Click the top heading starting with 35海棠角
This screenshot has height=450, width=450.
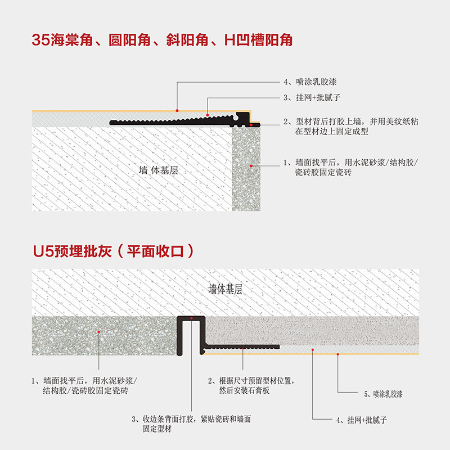click(x=163, y=40)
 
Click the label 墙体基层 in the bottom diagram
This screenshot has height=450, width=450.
click(x=225, y=290)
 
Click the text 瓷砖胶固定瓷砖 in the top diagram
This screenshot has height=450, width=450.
click(x=323, y=173)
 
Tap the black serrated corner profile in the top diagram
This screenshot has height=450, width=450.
click(x=180, y=120)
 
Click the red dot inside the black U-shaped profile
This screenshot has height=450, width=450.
click(x=191, y=320)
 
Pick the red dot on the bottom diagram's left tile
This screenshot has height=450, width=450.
click(x=99, y=332)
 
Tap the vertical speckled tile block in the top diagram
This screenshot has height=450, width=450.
click(x=247, y=169)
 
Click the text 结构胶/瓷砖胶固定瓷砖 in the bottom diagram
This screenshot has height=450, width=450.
click(x=85, y=390)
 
